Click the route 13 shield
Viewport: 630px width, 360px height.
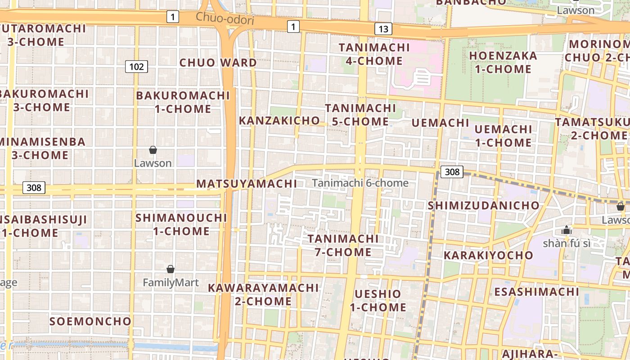pos(383,29)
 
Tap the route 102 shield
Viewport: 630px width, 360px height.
pos(136,67)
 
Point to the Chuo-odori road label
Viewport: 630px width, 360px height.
pos(225,19)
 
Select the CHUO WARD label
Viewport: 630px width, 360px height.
pos(218,63)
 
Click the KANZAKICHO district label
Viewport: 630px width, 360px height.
pos(279,121)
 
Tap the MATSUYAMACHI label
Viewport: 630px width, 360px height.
pos(247,184)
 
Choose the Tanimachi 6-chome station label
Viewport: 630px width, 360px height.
pos(360,183)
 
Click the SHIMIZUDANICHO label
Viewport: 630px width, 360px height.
pos(483,206)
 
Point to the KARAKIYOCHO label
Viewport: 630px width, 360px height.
pos(488,256)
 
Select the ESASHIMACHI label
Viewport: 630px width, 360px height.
pos(536,292)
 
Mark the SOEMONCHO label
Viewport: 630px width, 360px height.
pos(90,321)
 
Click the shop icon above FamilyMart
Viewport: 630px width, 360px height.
pos(171,269)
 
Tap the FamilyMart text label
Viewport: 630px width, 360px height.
pos(171,283)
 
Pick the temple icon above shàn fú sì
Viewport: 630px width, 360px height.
pos(566,230)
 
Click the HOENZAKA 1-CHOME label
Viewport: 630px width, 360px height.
pos(503,63)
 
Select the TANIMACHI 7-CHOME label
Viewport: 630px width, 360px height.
pos(343,245)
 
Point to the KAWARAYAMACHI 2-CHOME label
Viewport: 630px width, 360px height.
pos(263,294)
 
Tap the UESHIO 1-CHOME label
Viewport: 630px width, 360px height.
pos(378,301)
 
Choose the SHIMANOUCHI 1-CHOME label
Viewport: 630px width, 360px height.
pos(181,225)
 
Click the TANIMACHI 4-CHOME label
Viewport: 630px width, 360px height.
pos(374,54)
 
